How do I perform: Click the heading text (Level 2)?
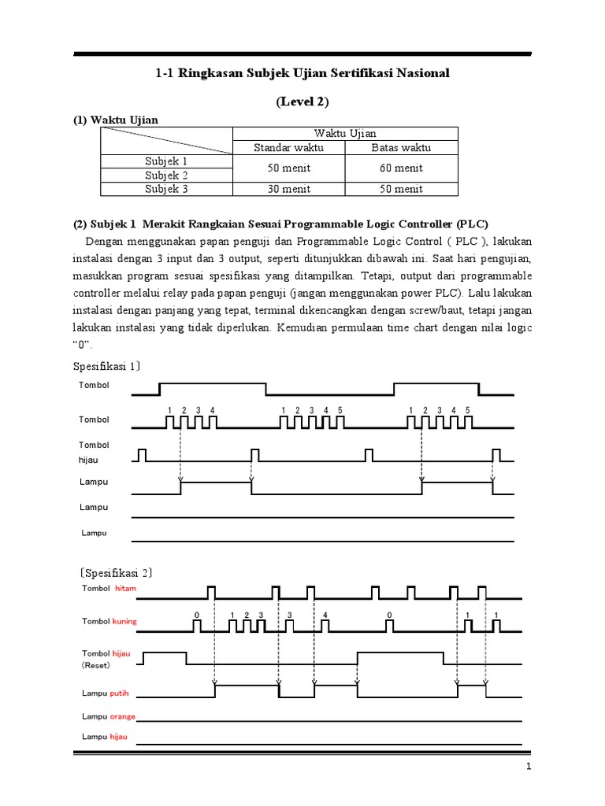pyautogui.click(x=302, y=102)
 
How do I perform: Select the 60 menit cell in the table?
pyautogui.click(x=401, y=168)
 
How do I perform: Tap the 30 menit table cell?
pyautogui.click(x=288, y=189)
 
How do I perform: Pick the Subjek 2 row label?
pyautogui.click(x=166, y=175)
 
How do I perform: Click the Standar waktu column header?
pyautogui.click(x=288, y=147)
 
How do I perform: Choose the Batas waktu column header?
pyautogui.click(x=401, y=147)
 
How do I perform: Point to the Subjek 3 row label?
pyautogui.click(x=166, y=189)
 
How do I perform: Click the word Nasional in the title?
pyautogui.click(x=420, y=73)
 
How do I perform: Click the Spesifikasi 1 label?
pyautogui.click(x=106, y=367)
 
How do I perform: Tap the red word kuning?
pyautogui.click(x=124, y=621)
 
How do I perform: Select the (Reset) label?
pyautogui.click(x=98, y=664)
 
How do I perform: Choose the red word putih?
pyautogui.click(x=120, y=693)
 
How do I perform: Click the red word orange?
pyautogui.click(x=123, y=716)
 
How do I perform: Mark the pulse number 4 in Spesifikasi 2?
pyautogui.click(x=325, y=613)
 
